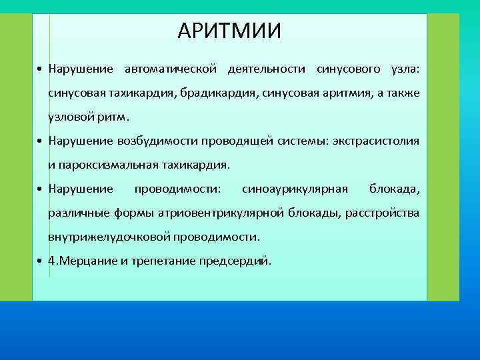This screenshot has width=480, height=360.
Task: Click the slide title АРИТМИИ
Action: click(230, 31)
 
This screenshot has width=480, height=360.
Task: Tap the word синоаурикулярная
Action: click(295, 189)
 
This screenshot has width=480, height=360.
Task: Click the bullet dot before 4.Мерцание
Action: click(41, 261)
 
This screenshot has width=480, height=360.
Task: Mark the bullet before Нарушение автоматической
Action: click(41, 69)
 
